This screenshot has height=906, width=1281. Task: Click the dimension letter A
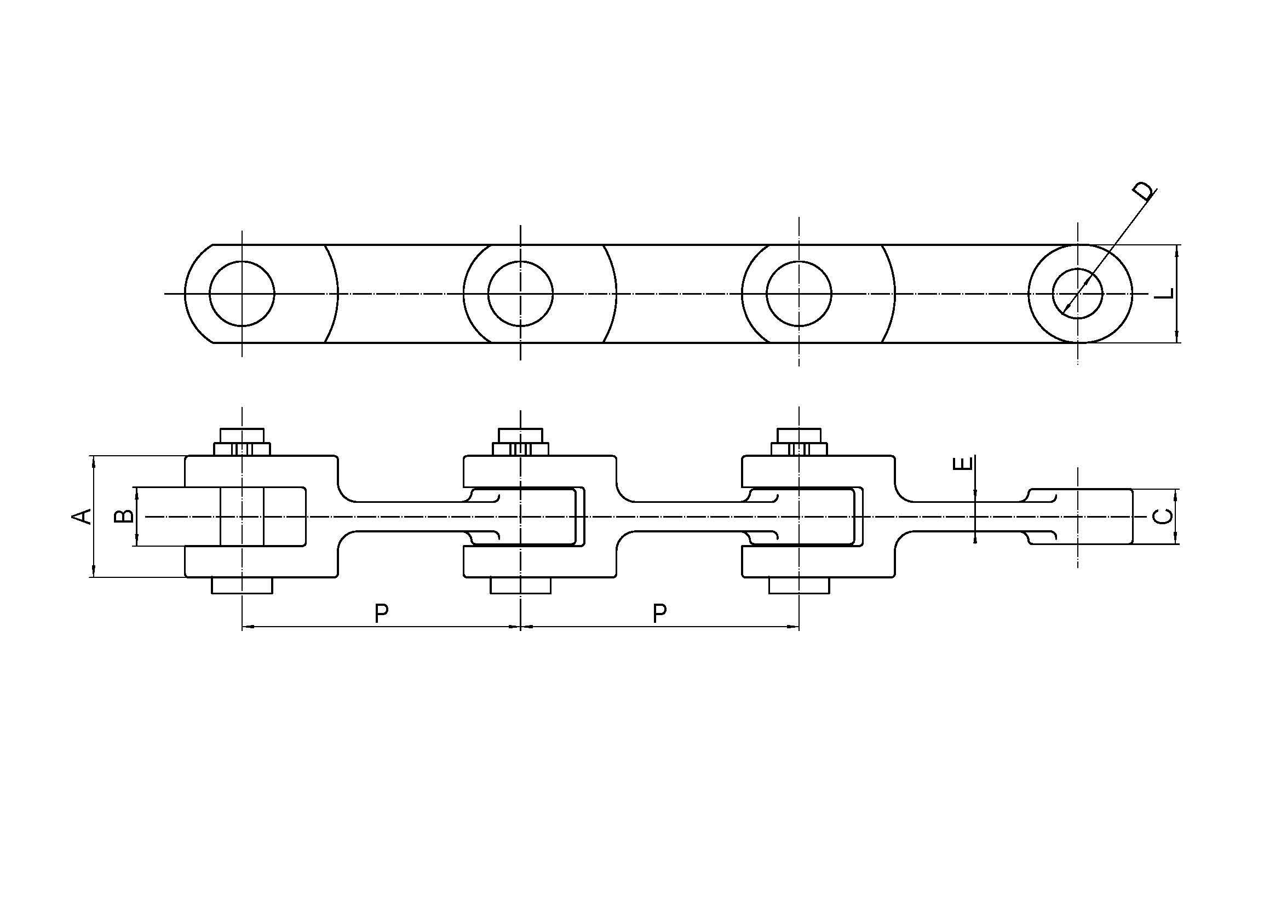coord(82,516)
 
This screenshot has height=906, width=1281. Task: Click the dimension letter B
coord(123,516)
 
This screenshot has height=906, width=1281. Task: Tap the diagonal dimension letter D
coord(1143,191)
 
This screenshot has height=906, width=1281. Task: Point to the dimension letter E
coord(964,463)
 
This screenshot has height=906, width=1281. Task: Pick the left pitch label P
coord(381,613)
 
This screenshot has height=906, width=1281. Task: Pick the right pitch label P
coord(659,613)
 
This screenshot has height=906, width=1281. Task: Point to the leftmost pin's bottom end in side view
coord(242,585)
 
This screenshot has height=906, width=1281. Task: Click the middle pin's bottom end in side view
coord(520,585)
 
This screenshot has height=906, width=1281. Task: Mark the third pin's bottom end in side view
coord(799,585)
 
